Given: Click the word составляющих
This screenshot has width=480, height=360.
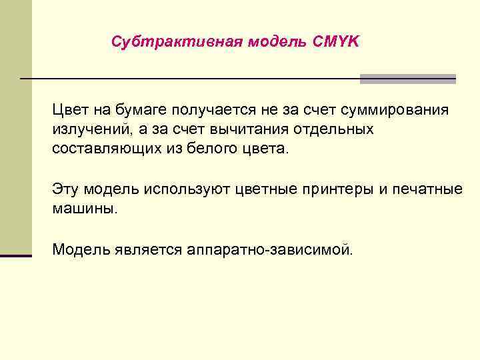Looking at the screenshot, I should pos(104,147).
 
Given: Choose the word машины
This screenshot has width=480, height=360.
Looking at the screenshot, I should pos(84,208).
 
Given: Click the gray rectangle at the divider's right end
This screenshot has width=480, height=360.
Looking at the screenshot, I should pos(407,79).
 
